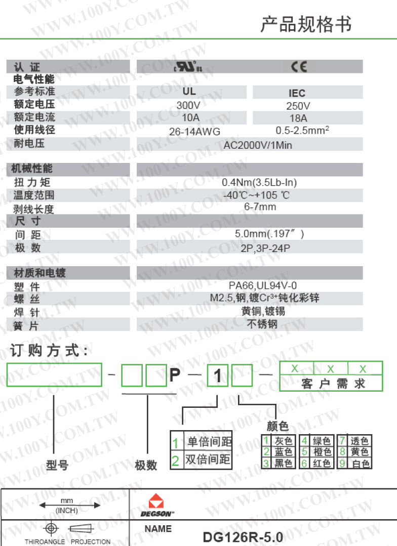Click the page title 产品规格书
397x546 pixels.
[306, 24]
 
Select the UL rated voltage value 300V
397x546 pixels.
[188, 105]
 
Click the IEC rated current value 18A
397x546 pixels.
[297, 118]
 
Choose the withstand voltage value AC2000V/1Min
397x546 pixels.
[258, 145]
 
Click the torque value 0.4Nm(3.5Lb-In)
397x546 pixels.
[259, 183]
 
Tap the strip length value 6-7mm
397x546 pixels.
[260, 207]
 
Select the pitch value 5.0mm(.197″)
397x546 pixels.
[269, 234]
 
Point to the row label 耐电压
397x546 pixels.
[29, 144]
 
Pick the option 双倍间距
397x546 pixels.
[208, 460]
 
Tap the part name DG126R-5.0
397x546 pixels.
[243, 536]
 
